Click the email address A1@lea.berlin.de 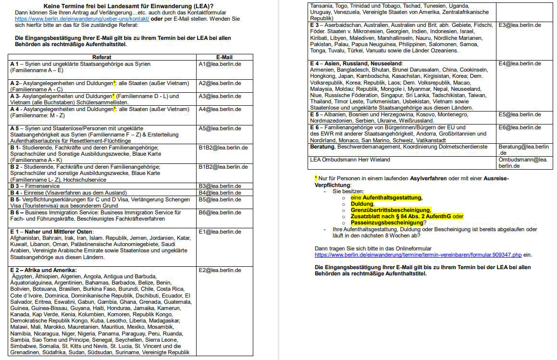220,63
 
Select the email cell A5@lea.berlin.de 220,128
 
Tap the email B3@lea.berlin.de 220,186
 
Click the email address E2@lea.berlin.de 220,270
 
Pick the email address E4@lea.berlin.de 520,63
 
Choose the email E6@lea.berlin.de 520,127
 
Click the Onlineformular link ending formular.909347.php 423,255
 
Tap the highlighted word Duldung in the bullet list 362,204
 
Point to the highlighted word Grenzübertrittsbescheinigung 390,210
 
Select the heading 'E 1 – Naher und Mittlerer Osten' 51,232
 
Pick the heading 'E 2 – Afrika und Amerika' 43,270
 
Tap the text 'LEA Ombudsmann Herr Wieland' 350,160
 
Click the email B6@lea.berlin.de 220,212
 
